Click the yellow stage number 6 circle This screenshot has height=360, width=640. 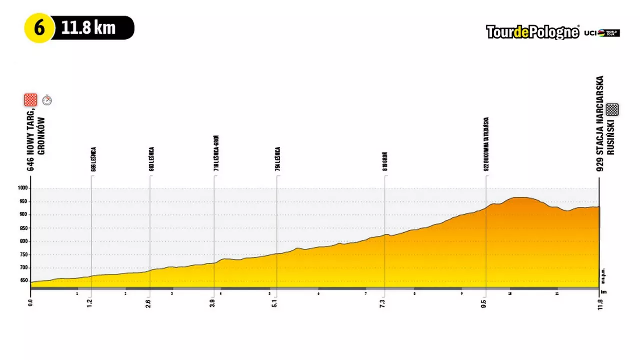pyautogui.click(x=39, y=28)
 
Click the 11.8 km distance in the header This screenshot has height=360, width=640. pyautogui.click(x=88, y=28)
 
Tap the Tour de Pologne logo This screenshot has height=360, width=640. pyautogui.click(x=532, y=33)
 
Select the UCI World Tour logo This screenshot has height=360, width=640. pyautogui.click(x=602, y=33)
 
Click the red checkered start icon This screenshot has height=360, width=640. pyautogui.click(x=31, y=100)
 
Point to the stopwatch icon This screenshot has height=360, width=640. pyautogui.click(x=47, y=100)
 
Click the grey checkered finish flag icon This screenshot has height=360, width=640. pyautogui.click(x=612, y=109)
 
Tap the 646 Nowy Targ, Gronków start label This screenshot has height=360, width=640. pyautogui.click(x=36, y=144)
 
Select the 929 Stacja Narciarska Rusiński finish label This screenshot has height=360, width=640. pyautogui.click(x=604, y=124)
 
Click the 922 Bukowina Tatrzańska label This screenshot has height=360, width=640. pyautogui.click(x=486, y=144)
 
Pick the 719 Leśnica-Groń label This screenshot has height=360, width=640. pyautogui.click(x=216, y=153)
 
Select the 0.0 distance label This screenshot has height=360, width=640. pyautogui.click(x=31, y=303)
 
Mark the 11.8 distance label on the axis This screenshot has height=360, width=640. pyautogui.click(x=599, y=303)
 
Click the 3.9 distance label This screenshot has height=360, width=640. pyautogui.click(x=213, y=303)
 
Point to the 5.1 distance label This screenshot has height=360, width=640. pyautogui.click(x=274, y=303)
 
